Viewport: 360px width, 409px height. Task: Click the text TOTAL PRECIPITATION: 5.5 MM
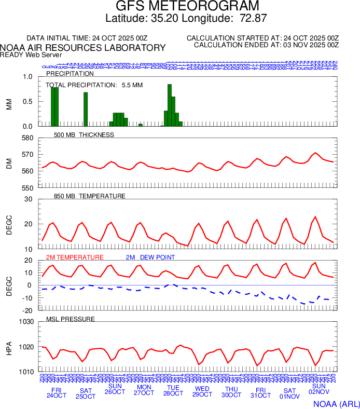click(94, 85)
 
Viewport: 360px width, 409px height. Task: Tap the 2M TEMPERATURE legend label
click(75, 257)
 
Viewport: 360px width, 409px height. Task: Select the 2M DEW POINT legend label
click(150, 257)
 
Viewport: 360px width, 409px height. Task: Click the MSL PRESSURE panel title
click(71, 319)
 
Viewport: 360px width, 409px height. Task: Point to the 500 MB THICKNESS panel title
click(84, 135)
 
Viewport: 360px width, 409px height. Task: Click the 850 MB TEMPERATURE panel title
click(90, 196)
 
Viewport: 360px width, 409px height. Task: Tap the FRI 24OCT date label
click(57, 393)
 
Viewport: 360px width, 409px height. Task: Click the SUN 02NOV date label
click(319, 390)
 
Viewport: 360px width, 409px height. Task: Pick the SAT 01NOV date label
click(289, 393)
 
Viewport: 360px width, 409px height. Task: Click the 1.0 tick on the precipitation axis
click(27, 77)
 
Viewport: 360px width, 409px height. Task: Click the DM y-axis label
click(9, 163)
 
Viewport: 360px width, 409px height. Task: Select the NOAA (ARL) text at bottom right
click(336, 403)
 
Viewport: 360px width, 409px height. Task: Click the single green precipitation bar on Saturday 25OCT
click(86, 109)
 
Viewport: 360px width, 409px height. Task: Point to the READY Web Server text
click(31, 54)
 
